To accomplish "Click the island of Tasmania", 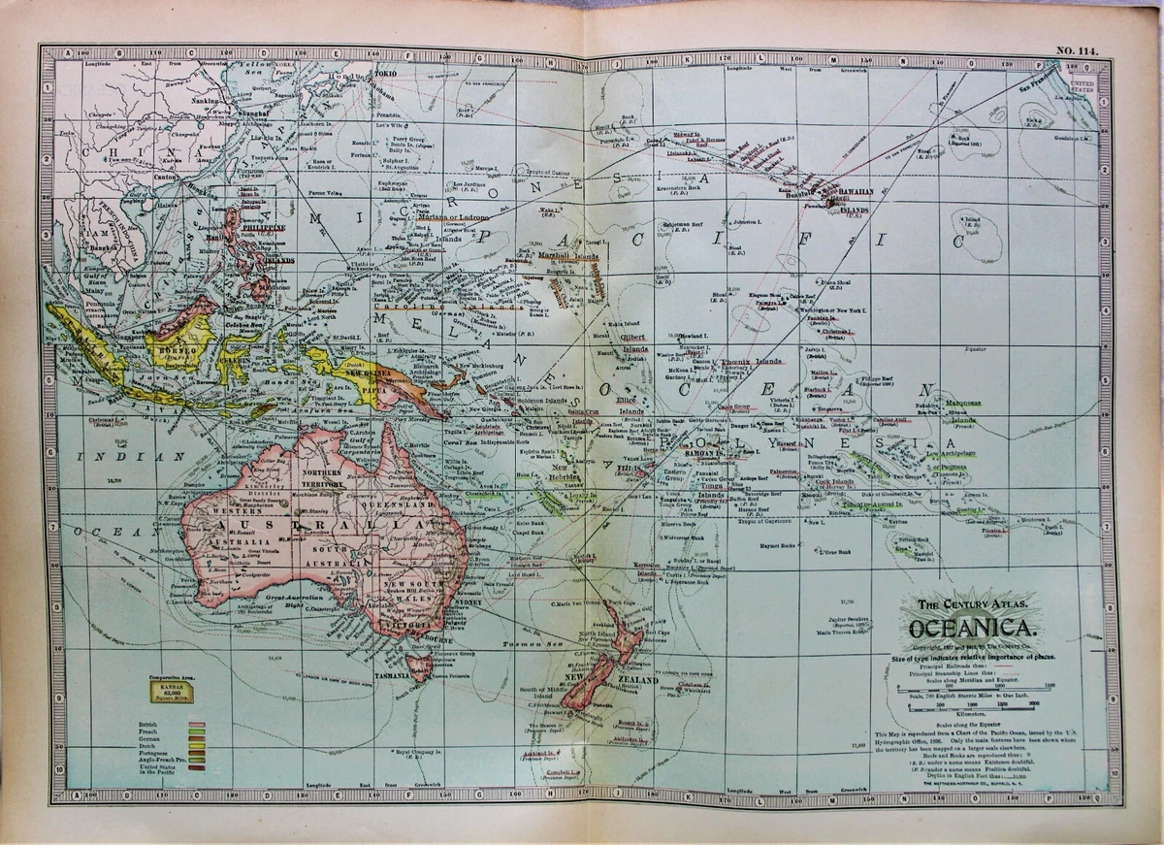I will click(x=420, y=667).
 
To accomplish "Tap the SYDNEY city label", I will click(x=467, y=602).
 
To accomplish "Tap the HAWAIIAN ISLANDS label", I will click(x=852, y=199).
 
